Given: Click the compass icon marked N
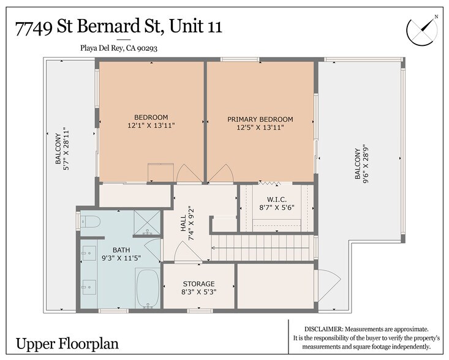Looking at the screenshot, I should pos(423,28).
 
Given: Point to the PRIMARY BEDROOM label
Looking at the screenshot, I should pos(260,119).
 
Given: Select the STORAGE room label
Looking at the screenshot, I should pos(198,284).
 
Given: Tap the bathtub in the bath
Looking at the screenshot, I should pos(147,288).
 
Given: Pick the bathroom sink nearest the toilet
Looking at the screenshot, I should pos(88,253).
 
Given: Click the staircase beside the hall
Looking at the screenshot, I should pos(263,249).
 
